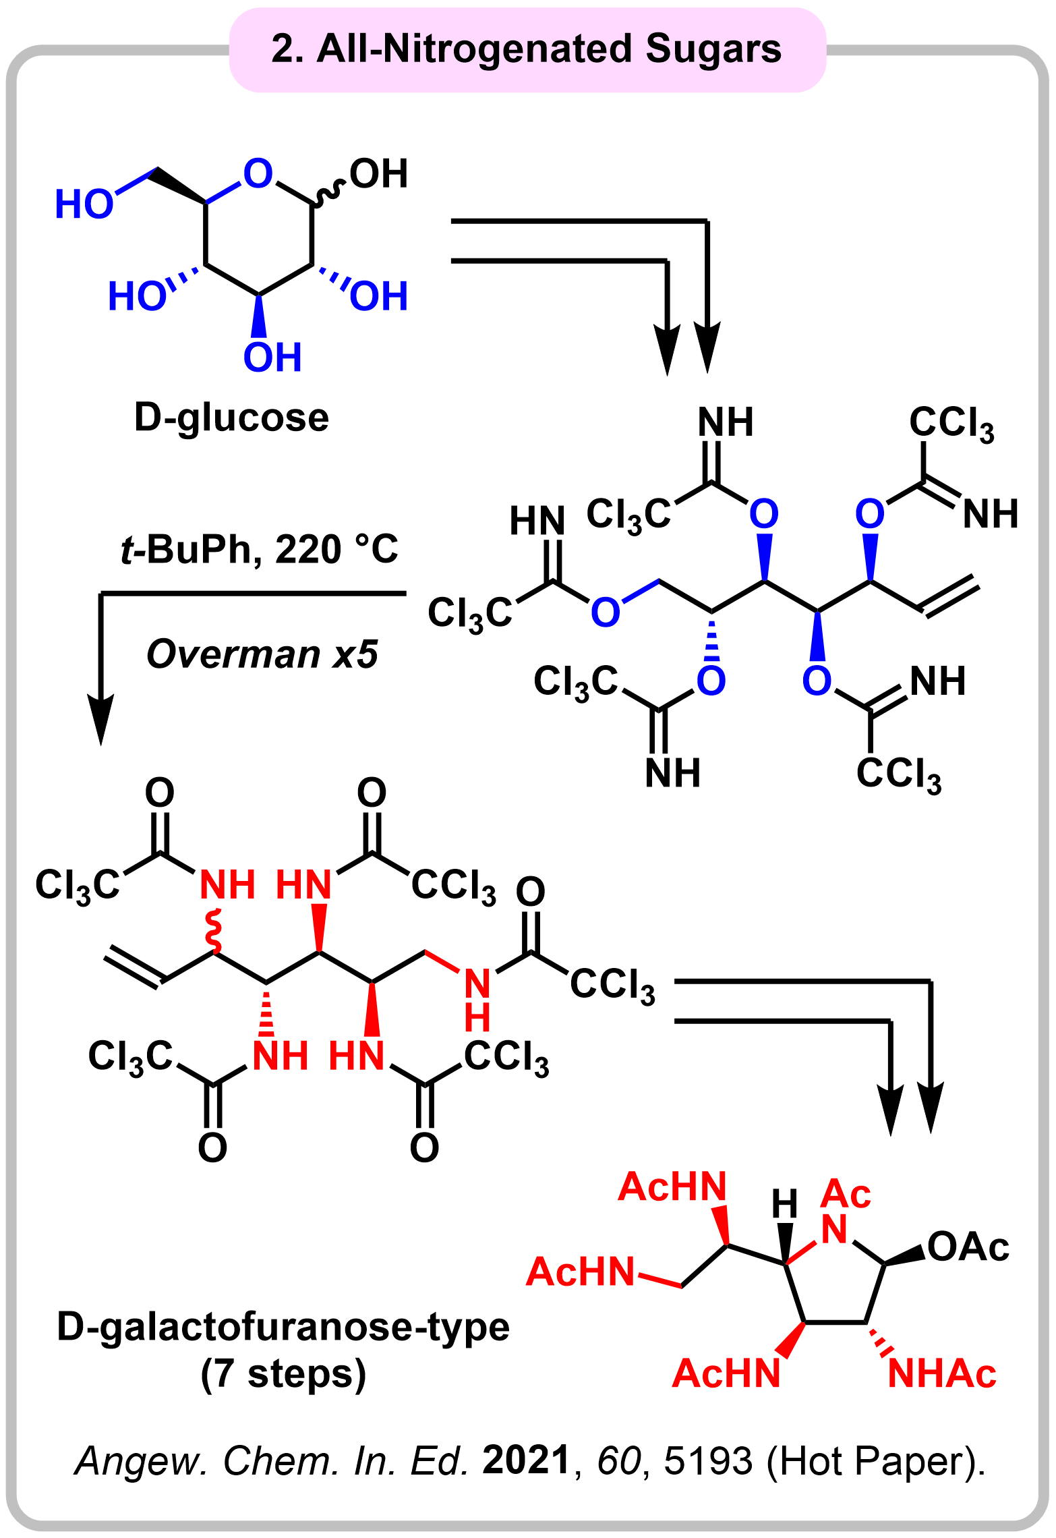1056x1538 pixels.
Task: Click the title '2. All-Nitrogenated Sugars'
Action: (526, 50)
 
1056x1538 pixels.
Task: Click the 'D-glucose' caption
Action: (231, 418)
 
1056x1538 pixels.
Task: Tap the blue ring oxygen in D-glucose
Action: (258, 173)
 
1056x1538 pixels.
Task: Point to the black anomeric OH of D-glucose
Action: (378, 174)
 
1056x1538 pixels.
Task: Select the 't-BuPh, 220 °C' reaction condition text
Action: (260, 550)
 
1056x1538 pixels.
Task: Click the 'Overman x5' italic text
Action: (262, 654)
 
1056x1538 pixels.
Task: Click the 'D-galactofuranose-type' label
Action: (283, 1327)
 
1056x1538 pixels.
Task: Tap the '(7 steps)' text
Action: (283, 1374)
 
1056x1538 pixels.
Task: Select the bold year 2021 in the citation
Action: (527, 1460)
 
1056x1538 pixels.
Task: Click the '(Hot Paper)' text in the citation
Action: (875, 1462)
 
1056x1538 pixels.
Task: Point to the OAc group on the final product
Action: (968, 1247)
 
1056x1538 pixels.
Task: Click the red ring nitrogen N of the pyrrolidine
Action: (834, 1229)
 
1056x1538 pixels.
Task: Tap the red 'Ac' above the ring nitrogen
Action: (846, 1194)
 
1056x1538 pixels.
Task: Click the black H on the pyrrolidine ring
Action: (784, 1204)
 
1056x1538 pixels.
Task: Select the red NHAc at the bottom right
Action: (941, 1373)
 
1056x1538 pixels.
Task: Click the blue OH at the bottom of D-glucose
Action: (272, 358)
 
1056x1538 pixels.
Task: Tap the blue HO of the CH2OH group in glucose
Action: (84, 204)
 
